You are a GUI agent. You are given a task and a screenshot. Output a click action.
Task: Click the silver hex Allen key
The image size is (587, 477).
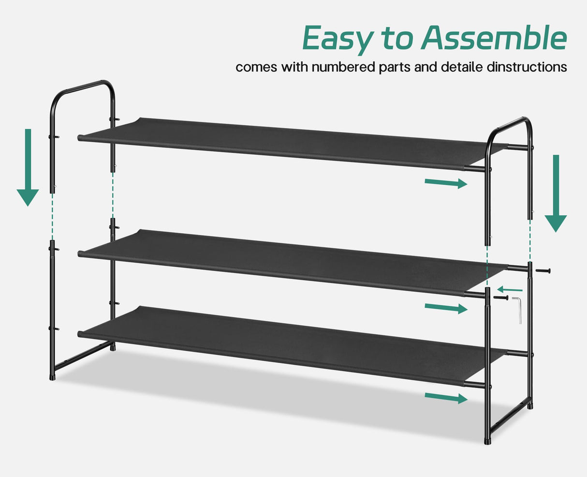click(x=518, y=310)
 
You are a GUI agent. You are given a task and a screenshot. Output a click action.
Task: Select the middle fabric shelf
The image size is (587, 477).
click(x=290, y=261)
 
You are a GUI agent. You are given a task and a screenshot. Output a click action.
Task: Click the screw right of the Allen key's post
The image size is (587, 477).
click(x=543, y=270)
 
